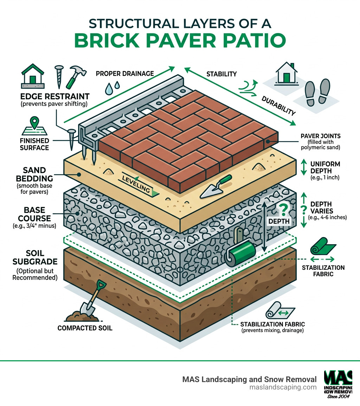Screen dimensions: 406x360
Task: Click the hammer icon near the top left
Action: pyautogui.click(x=74, y=76)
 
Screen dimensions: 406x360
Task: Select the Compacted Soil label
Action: pyautogui.click(x=85, y=328)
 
